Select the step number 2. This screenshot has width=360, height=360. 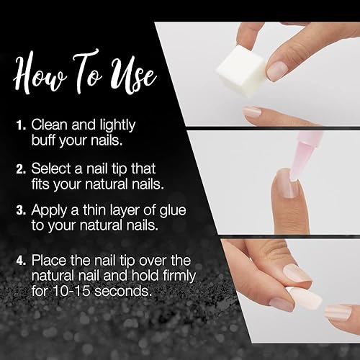(x=21, y=168)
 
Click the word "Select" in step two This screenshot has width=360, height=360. (x=50, y=168)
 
